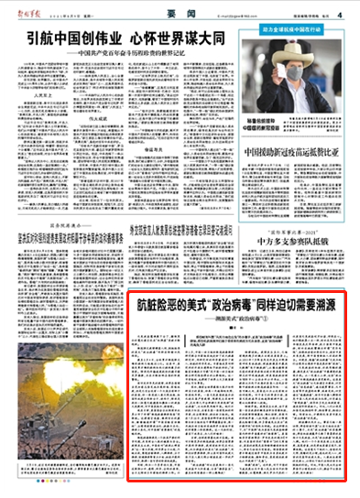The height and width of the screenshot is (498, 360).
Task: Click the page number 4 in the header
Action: (x=338, y=15)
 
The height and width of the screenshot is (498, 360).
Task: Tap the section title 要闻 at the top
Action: (x=180, y=15)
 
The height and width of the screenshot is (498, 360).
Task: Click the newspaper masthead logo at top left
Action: (x=27, y=14)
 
